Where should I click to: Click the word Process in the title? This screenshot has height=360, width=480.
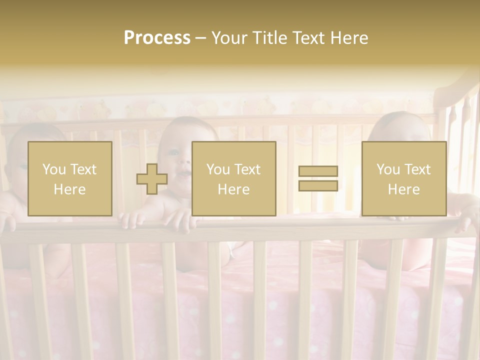tap(157, 38)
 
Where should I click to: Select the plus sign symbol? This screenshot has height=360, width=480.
tap(152, 179)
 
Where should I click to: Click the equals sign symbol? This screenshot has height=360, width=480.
tap(318, 178)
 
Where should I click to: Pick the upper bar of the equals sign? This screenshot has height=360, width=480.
tap(318, 171)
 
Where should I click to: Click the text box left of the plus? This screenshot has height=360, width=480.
tap(70, 179)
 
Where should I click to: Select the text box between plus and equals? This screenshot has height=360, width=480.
tap(234, 179)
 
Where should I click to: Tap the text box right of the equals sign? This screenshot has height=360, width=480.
tap(404, 179)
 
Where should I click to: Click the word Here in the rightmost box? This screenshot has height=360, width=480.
tap(403, 189)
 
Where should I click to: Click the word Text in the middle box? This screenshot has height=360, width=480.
tap(248, 169)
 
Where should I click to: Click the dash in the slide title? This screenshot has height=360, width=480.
tap(201, 38)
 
